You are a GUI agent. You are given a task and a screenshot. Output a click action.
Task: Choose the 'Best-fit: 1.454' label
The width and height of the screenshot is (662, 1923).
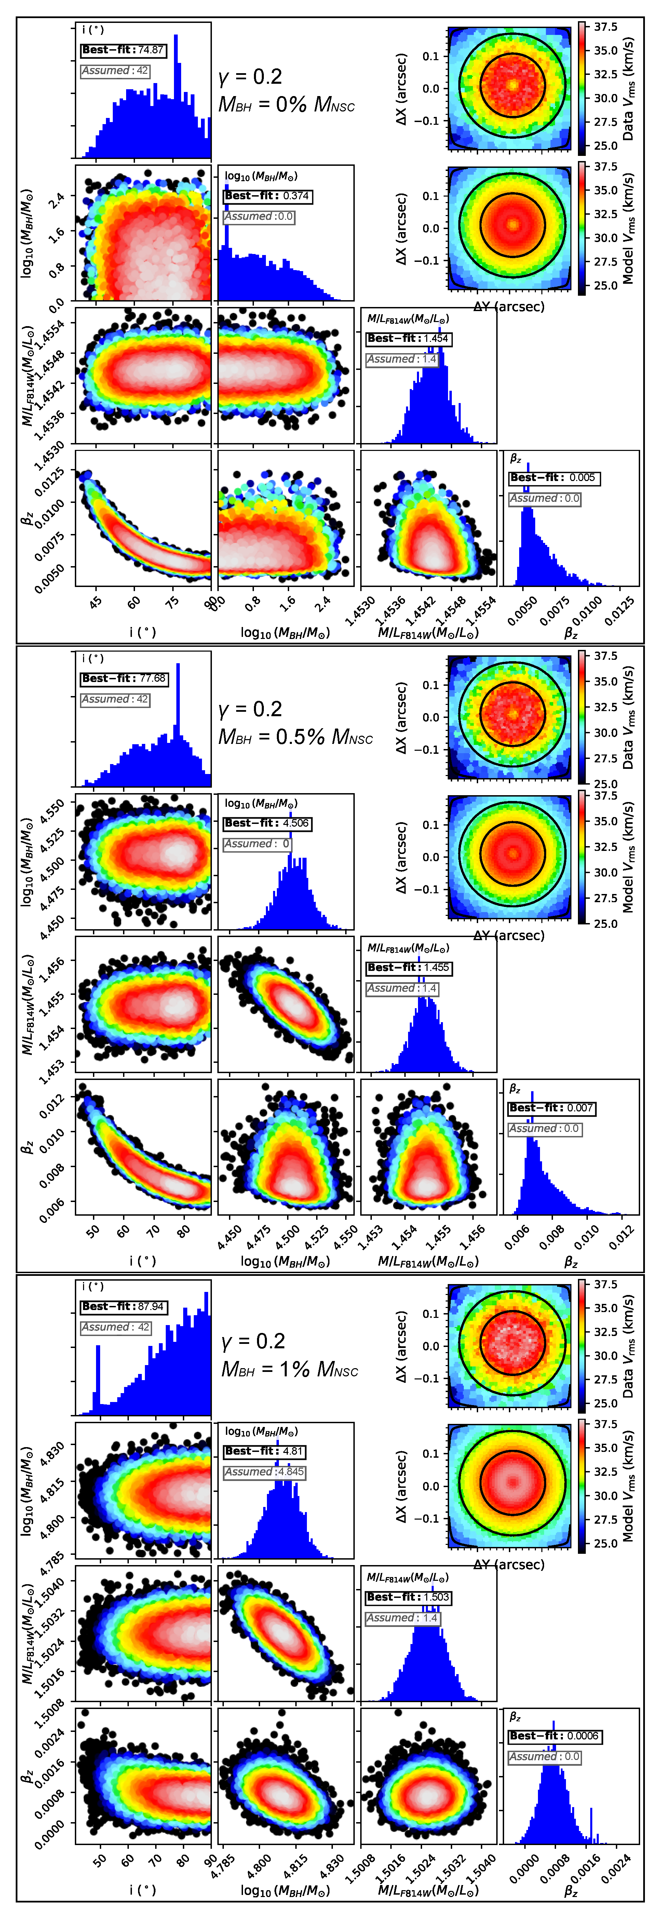coord(408,338)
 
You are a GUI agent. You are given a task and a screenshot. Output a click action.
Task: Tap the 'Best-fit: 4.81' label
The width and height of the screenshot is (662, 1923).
coord(264,1451)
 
